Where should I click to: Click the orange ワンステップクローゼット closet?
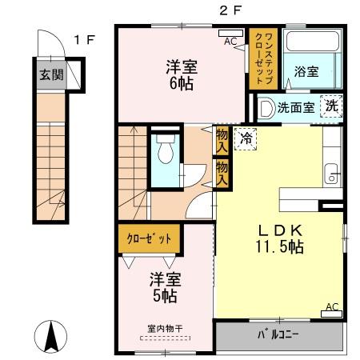coord(262,58)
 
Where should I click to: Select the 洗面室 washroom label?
coord(295,107)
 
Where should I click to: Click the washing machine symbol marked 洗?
coord(330,106)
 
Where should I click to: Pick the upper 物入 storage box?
coord(221,140)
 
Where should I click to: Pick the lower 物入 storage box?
coord(221,173)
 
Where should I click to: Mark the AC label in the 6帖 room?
coord(230,40)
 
